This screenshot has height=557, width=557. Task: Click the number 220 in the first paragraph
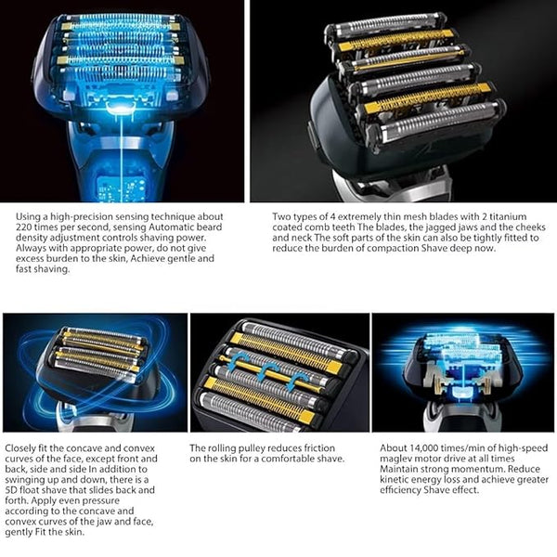coord(23,227)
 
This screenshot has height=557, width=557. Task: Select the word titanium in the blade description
coord(508,216)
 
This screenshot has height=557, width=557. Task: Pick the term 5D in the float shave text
coord(11,490)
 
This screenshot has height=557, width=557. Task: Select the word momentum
coord(478,469)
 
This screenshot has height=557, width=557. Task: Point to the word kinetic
coord(393,480)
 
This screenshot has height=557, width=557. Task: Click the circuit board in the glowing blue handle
coord(121,188)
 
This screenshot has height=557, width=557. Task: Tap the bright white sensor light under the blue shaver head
coord(120,109)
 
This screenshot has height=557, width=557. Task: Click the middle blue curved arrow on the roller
coord(266,371)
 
